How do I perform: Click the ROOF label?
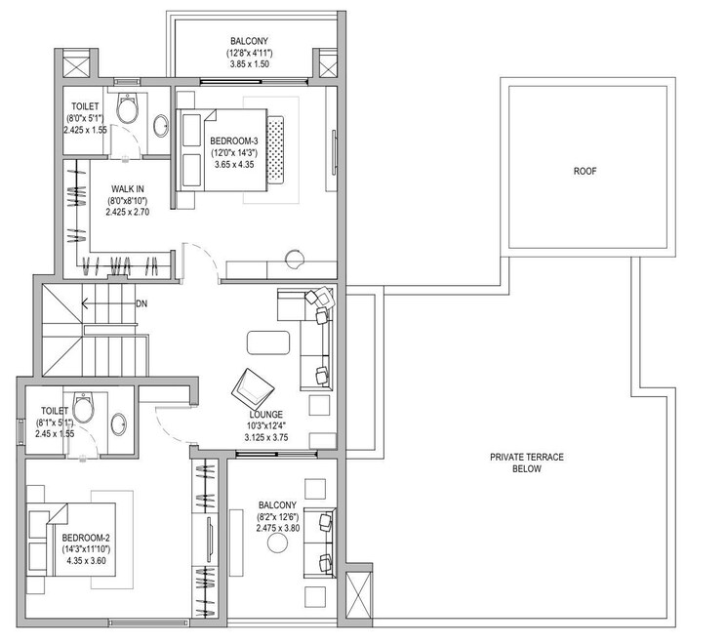pos(585,171)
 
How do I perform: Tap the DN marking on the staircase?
pos(141,303)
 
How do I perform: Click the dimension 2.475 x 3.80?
pos(277,528)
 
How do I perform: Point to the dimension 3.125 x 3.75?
pos(265,438)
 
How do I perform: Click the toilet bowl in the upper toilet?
pos(127,107)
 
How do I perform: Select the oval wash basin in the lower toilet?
pos(118,423)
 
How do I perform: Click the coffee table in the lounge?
pos(268,342)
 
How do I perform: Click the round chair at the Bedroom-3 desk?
pos(294,259)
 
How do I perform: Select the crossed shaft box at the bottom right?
pos(358,594)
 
